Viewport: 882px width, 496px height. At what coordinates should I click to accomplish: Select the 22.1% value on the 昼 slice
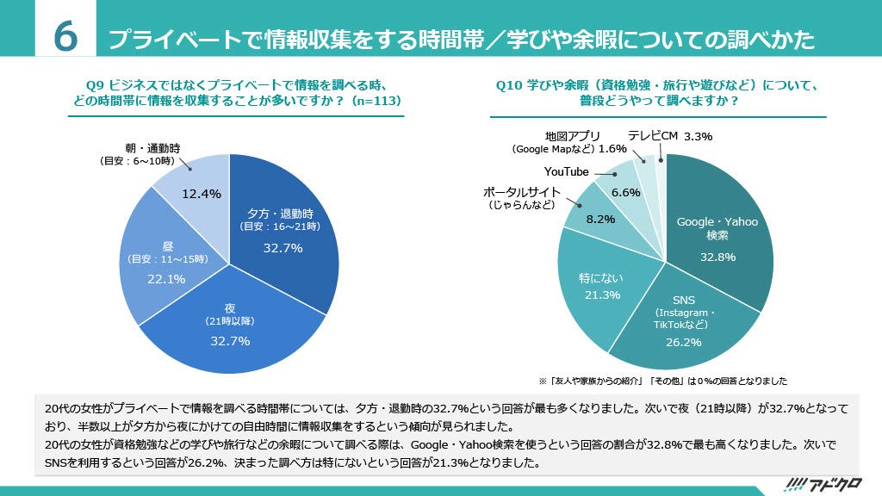(x=167, y=278)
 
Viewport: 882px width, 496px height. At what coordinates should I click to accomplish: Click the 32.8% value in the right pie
(x=717, y=257)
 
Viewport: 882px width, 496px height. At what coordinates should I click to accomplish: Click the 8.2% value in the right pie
(x=600, y=219)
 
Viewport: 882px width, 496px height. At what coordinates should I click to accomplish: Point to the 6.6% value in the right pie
(x=625, y=192)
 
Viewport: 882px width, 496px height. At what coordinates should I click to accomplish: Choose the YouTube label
(x=566, y=171)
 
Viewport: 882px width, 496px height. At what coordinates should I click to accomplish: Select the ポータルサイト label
(x=522, y=191)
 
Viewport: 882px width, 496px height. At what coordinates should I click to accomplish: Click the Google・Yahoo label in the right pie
(x=717, y=222)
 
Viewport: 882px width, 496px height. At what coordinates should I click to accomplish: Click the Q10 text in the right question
(x=510, y=84)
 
